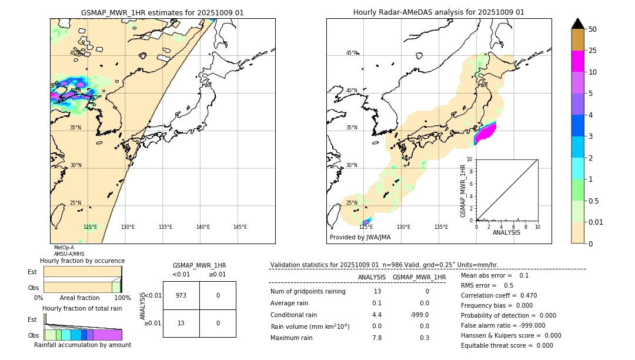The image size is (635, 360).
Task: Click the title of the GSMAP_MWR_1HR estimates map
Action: [162, 12]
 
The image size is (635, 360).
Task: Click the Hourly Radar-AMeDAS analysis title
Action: [439, 12]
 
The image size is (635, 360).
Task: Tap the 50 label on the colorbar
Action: [593, 29]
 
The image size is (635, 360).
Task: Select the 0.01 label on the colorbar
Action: [596, 222]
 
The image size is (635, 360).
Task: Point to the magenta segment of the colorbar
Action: [578, 61]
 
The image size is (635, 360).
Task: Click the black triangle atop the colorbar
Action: [578, 24]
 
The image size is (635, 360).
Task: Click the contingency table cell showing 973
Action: [181, 295]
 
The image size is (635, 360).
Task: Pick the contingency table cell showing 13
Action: [181, 323]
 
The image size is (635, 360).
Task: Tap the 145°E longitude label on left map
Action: [240, 227]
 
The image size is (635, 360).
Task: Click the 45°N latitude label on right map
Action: [352, 53]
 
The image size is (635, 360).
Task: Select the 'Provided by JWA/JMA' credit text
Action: [360, 238]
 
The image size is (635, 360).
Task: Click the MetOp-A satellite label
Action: [63, 248]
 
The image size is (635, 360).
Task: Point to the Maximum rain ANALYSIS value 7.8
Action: [377, 338]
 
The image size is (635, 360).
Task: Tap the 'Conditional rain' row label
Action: [294, 315]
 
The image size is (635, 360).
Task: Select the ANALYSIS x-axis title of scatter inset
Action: [507, 232]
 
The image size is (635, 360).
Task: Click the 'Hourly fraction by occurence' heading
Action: [82, 261]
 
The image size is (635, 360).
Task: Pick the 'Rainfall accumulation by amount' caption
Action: [82, 345]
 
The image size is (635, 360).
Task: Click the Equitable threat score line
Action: [507, 345]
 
